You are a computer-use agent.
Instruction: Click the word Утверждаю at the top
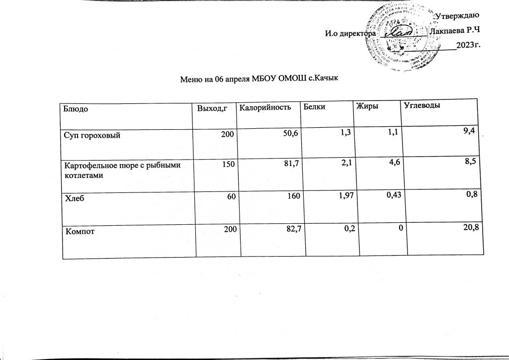[x=456, y=18]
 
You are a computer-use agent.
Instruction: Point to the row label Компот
[x=77, y=230]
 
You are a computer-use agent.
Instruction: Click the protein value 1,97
[x=338, y=196]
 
